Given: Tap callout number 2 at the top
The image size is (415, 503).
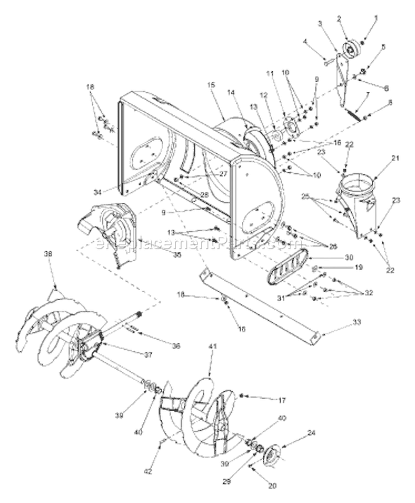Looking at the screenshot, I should (338, 19).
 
